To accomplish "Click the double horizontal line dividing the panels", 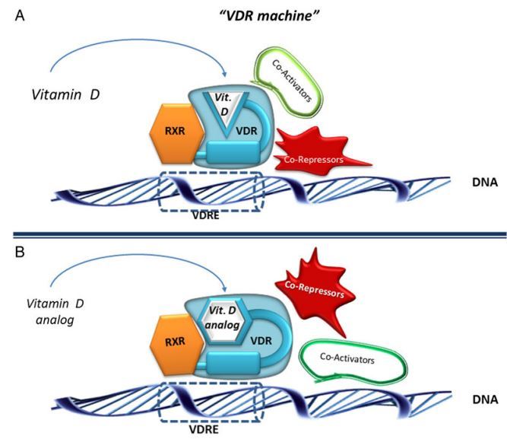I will (x=253, y=234).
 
